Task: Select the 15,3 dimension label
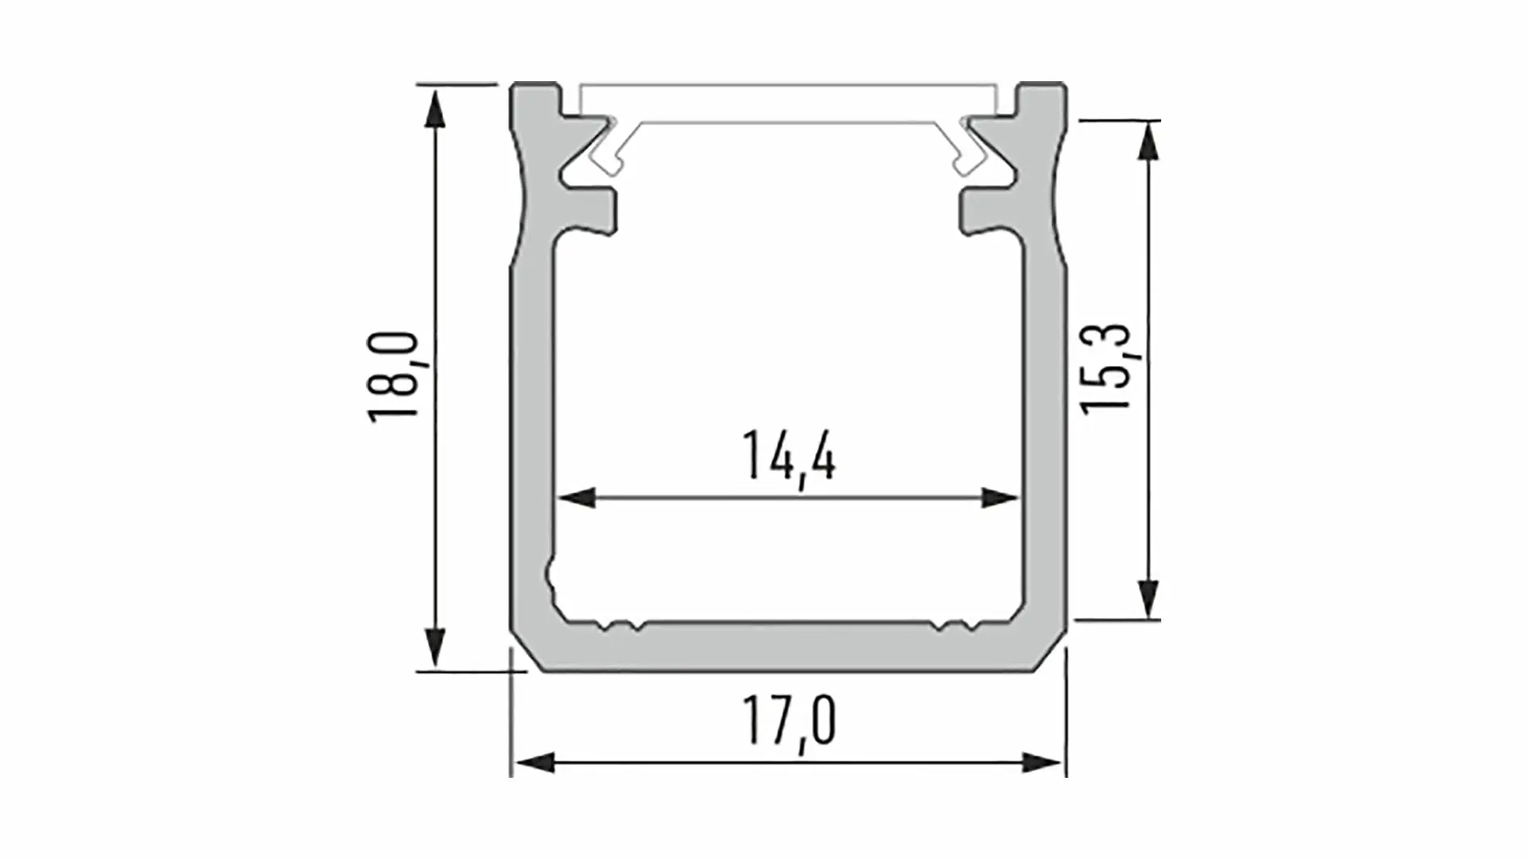coord(1105,367)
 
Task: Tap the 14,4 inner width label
coord(789,457)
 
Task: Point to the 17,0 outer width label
coord(789,721)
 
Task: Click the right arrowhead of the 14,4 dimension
coord(1001,498)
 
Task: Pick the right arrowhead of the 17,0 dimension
coord(1042,764)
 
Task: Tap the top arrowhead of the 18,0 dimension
coord(434,109)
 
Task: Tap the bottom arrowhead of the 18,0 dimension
coord(434,647)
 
